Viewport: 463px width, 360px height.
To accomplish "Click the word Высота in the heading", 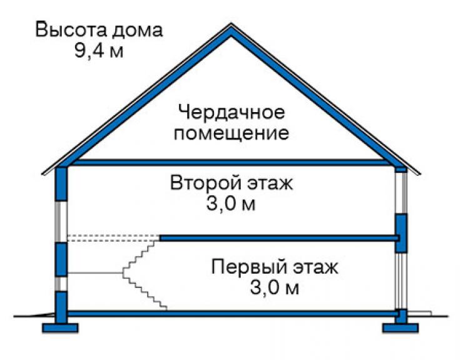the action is [x=71, y=30].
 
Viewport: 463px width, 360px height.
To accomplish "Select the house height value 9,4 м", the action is [x=99, y=51].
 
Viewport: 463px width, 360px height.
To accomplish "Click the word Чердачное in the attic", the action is [x=232, y=113].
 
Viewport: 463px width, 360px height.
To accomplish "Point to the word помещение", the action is [x=232, y=133].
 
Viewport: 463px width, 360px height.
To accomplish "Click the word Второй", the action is [x=205, y=183].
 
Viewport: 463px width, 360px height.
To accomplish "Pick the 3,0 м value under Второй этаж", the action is [x=231, y=203].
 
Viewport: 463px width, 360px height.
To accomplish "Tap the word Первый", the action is [x=249, y=267].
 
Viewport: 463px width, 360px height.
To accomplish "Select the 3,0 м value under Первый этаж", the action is [x=275, y=288].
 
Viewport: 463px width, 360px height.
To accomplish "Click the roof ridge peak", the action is [x=231, y=24].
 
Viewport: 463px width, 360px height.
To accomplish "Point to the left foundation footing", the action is [x=60, y=328].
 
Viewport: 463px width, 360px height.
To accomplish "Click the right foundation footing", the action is [x=400, y=328].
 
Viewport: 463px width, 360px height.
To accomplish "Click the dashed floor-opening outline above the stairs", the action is [x=114, y=239].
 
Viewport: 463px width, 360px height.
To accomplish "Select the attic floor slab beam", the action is [x=231, y=162].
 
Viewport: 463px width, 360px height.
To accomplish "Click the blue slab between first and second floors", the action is [x=280, y=239].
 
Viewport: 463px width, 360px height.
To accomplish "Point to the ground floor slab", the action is [x=232, y=314].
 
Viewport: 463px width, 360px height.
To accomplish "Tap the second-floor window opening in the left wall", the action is [x=61, y=222].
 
